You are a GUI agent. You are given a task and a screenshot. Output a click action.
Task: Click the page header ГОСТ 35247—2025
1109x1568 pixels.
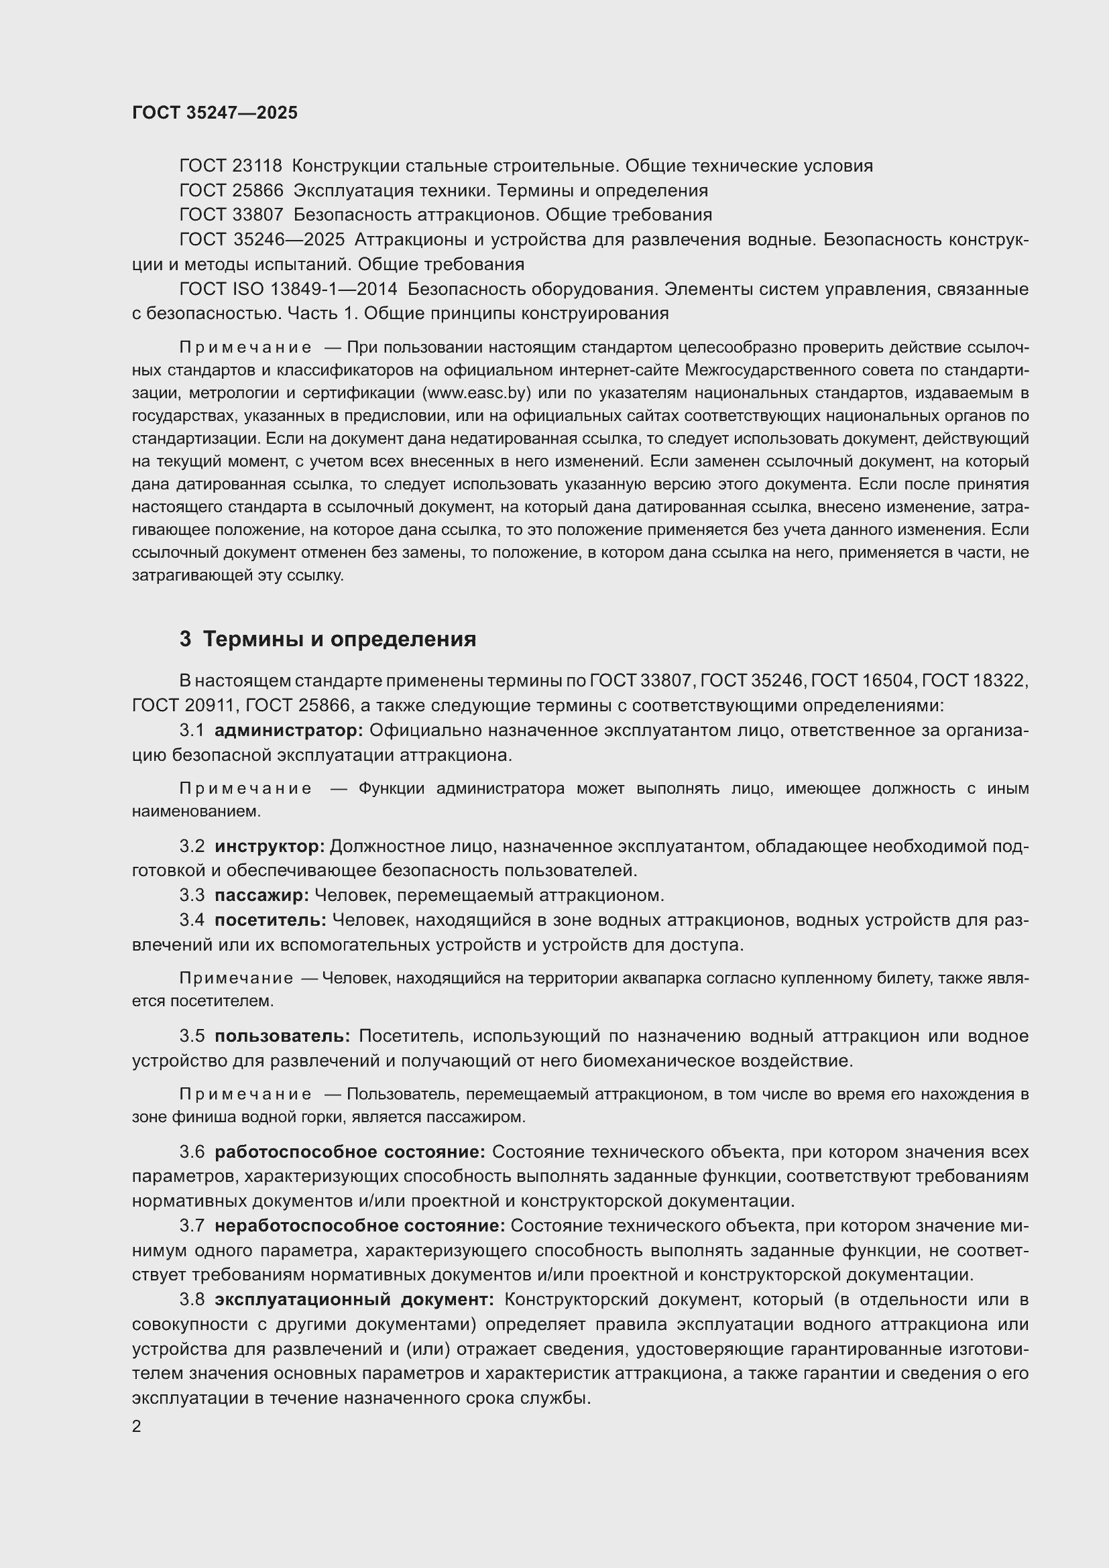215,113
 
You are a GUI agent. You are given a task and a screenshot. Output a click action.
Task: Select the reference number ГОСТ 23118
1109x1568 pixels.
231,166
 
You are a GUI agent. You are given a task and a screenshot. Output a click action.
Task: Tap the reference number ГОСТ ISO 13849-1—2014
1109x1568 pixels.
288,289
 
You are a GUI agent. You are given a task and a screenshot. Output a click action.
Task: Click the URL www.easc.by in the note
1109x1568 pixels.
477,394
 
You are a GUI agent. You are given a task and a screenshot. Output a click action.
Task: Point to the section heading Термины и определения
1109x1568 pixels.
339,640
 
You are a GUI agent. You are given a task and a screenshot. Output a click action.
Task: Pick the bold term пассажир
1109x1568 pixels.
262,895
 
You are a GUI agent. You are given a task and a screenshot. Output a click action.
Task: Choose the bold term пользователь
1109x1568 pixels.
283,1036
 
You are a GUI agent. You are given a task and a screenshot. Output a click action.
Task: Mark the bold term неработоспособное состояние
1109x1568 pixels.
360,1226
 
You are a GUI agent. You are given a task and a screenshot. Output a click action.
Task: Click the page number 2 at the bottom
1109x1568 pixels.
137,1427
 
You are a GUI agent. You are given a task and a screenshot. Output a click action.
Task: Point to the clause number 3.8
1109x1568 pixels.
192,1299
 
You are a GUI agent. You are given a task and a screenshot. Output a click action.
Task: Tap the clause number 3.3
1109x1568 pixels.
192,895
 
